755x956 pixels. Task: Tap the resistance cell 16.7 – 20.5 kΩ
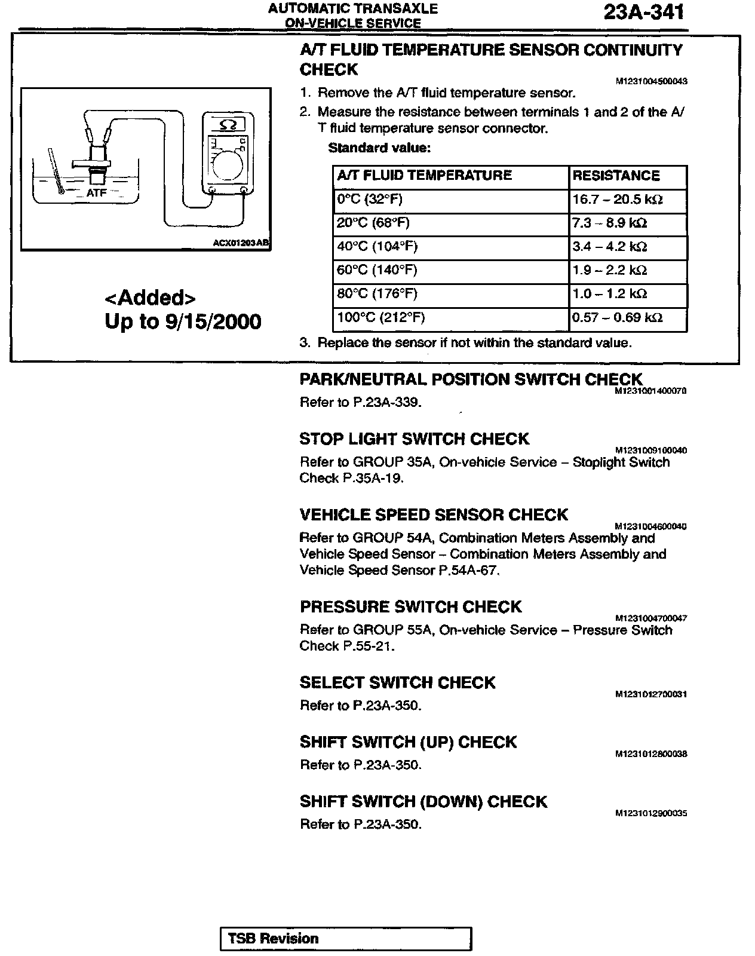618,199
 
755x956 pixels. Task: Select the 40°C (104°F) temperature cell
377,247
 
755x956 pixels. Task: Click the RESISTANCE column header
616,176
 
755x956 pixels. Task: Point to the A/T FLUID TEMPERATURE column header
424,176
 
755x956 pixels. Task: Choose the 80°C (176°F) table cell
377,294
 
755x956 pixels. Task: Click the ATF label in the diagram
96,193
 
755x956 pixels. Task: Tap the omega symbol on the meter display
228,125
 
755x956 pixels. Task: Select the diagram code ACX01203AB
241,244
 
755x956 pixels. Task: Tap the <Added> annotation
150,298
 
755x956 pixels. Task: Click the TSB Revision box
345,938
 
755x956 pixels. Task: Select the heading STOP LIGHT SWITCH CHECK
414,439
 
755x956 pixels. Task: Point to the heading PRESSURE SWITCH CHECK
410,607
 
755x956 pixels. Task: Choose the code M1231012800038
650,754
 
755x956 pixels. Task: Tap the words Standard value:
379,148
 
